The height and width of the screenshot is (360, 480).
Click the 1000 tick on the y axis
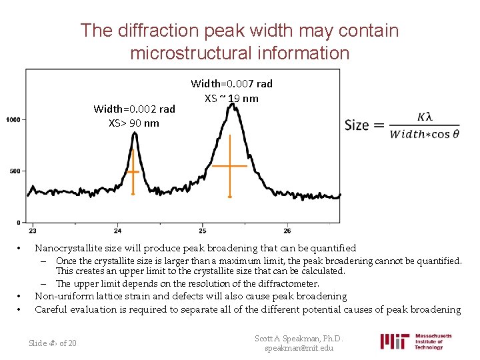[x=13, y=119]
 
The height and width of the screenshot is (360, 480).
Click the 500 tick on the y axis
[x=15, y=171]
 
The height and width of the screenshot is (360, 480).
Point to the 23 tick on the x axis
[x=33, y=230]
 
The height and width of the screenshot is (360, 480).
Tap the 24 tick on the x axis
[x=117, y=230]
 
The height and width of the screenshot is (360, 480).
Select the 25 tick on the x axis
[x=202, y=230]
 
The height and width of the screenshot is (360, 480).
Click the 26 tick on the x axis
[x=287, y=230]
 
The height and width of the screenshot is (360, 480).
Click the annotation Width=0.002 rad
[x=134, y=109]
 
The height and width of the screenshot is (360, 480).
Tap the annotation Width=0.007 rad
[x=231, y=84]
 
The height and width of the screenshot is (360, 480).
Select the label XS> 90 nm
[x=134, y=123]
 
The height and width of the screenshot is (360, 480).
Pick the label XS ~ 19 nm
[x=231, y=98]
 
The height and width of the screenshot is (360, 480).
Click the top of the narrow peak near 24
[x=135, y=133]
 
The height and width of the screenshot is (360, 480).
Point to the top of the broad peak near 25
[x=231, y=106]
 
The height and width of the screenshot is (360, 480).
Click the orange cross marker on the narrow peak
[x=133, y=171]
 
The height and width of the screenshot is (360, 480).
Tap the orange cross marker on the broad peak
[x=229, y=165]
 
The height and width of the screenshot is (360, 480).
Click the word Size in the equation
[x=357, y=125]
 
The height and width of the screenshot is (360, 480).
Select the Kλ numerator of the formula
[x=424, y=116]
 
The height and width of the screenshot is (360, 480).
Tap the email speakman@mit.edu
[x=299, y=349]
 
